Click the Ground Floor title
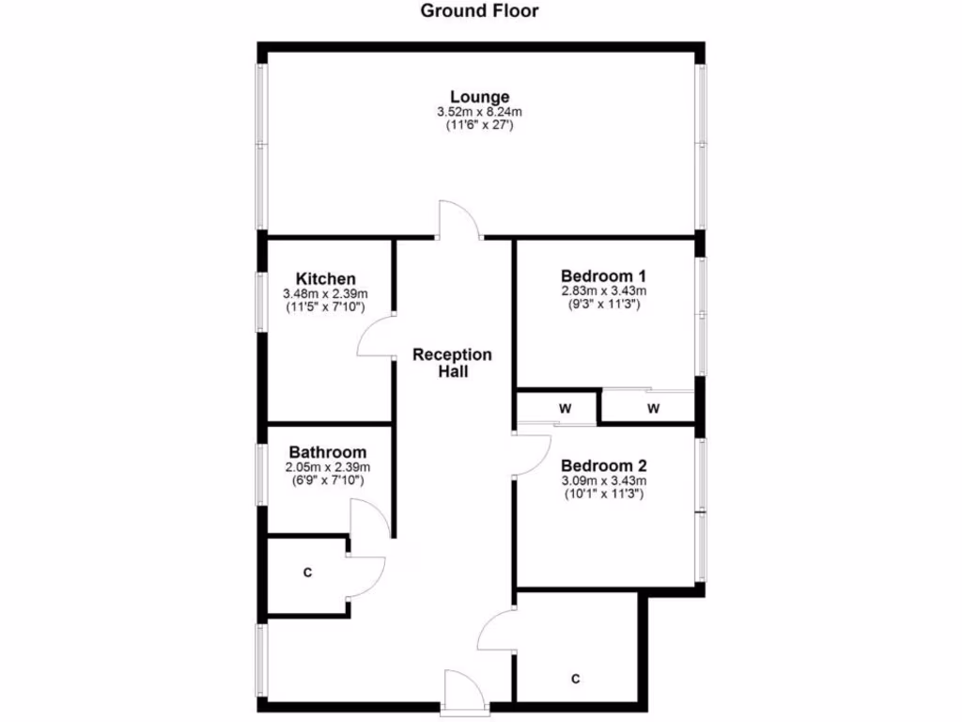(x=479, y=11)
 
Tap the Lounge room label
(x=479, y=96)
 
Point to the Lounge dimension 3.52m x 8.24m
(x=479, y=112)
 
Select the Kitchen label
(x=326, y=278)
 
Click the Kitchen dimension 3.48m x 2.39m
(x=326, y=294)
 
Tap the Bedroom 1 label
(x=603, y=275)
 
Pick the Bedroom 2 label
(x=603, y=465)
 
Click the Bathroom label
(x=327, y=452)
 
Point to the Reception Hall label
(x=452, y=362)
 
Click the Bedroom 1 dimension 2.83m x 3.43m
(x=603, y=291)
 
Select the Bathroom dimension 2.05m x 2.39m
(x=327, y=467)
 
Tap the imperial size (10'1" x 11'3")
(x=603, y=494)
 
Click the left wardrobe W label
(x=566, y=409)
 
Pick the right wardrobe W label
(x=653, y=409)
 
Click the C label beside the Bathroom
(x=307, y=573)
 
